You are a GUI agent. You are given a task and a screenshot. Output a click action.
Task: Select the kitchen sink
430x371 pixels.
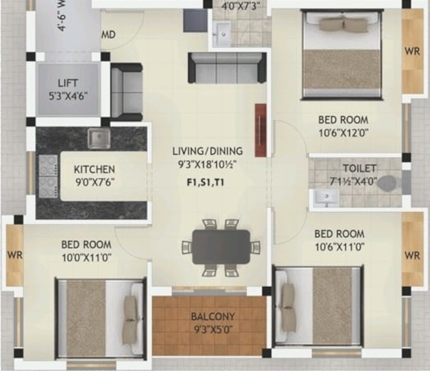tap(98, 139)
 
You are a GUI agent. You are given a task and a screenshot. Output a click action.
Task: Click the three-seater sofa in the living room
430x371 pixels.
tap(227, 68)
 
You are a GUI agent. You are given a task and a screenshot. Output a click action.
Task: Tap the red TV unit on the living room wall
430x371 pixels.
tap(260, 130)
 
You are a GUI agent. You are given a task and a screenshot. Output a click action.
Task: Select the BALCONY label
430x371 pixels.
tap(213, 317)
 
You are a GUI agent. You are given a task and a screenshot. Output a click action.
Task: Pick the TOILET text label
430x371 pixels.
tap(361, 168)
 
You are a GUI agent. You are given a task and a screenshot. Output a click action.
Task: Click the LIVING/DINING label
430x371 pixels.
tap(207, 151)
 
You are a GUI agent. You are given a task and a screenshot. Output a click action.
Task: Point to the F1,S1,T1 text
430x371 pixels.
tap(206, 182)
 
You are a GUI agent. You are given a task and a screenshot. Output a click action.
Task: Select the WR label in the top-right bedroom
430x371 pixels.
tap(412, 50)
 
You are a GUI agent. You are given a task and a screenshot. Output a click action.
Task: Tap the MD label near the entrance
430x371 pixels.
tap(108, 35)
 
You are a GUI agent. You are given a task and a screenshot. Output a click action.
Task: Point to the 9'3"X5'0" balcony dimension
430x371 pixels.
tap(213, 329)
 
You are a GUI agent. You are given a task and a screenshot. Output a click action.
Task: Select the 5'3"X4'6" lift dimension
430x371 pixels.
tap(68, 95)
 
